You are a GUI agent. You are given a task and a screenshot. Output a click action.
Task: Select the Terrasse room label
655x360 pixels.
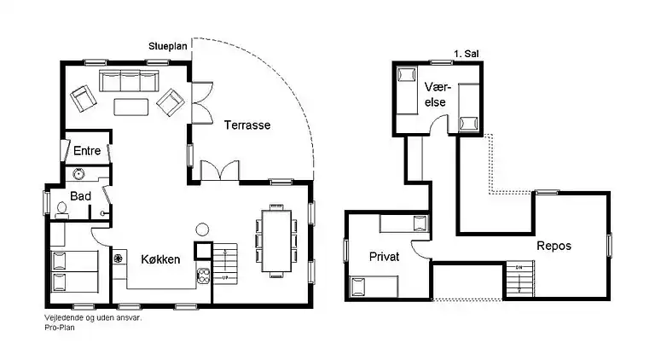247,125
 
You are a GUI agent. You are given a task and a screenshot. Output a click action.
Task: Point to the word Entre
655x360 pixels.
87,151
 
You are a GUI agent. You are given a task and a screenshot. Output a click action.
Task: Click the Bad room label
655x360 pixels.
81,195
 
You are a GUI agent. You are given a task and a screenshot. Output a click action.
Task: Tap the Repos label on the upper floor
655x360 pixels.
554,246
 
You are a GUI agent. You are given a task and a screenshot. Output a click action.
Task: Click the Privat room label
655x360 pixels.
385,257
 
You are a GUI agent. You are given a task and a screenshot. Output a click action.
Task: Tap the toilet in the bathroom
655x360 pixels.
62,207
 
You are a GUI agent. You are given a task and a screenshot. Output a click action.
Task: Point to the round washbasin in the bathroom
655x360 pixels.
79,175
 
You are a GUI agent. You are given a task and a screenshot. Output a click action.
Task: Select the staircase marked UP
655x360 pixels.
223,264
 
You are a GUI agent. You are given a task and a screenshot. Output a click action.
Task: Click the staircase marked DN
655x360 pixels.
518,277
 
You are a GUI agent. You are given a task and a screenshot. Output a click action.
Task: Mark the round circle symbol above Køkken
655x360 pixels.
202,229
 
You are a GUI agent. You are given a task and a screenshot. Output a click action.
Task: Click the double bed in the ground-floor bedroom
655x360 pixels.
75,271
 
